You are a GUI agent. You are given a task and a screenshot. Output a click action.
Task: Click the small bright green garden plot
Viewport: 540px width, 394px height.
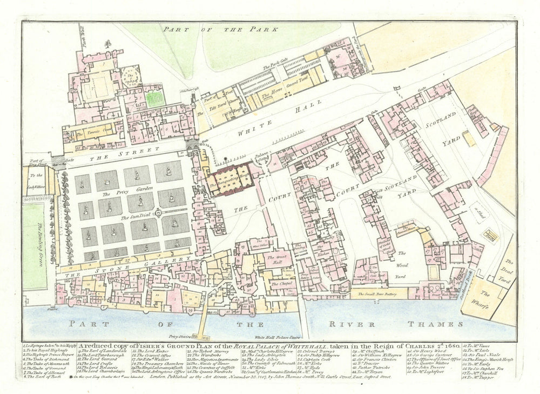[x=155, y=98]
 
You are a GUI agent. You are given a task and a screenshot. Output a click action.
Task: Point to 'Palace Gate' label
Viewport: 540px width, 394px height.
[x=262, y=160]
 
